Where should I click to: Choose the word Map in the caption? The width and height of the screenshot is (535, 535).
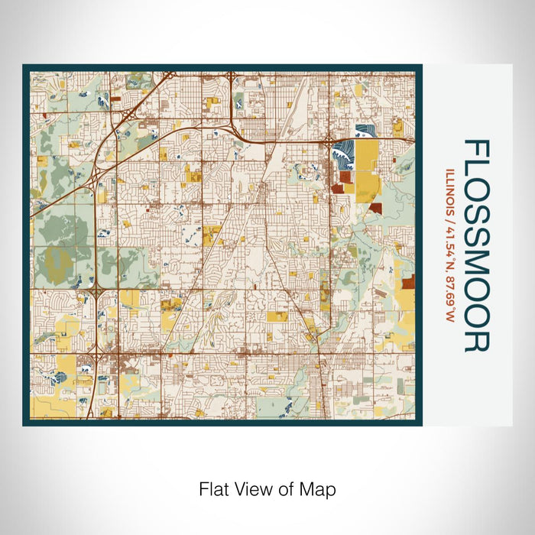319,488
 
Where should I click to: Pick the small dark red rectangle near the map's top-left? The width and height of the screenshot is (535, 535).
115,99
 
